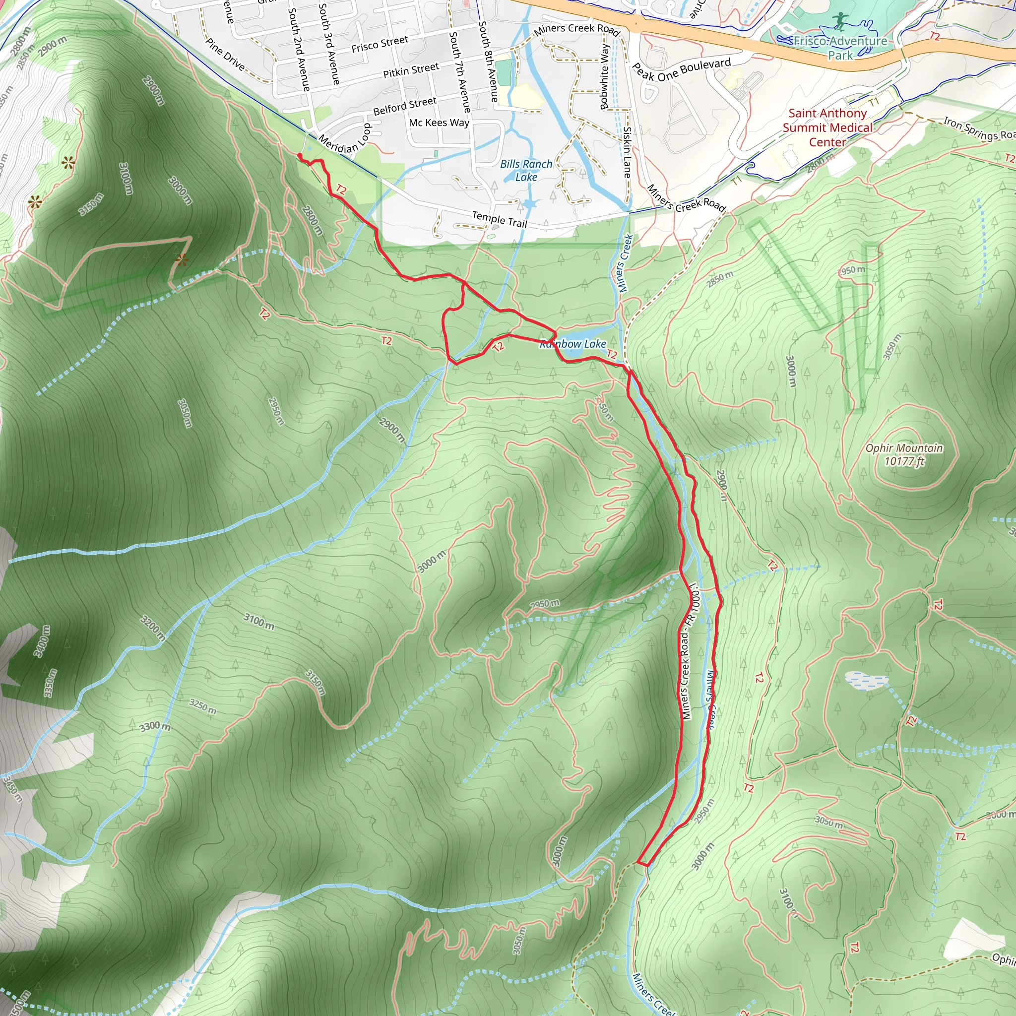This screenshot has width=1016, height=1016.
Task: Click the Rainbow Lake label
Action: pos(572,344)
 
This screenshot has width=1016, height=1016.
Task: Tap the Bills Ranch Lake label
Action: pos(526,170)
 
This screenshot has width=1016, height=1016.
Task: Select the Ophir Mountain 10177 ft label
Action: pos(904,455)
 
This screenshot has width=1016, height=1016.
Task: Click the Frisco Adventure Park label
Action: pos(840,48)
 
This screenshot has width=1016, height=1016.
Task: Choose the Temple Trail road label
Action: pos(499,219)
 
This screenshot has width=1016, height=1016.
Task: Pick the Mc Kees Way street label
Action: pos(439,123)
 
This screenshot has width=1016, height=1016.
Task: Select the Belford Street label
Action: pos(404,106)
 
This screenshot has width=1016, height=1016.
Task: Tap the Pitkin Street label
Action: pos(411,70)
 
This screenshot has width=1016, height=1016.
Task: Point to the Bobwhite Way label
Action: pos(605,77)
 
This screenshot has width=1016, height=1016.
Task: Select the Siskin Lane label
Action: pos(627,152)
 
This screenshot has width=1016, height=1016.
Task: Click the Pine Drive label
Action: pos(225,54)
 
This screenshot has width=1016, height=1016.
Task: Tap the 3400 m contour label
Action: pos(43,641)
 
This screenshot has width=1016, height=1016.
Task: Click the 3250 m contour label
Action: pos(203,706)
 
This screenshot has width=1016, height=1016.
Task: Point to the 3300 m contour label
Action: pos(155,727)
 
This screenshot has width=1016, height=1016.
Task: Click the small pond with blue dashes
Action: pos(866,680)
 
